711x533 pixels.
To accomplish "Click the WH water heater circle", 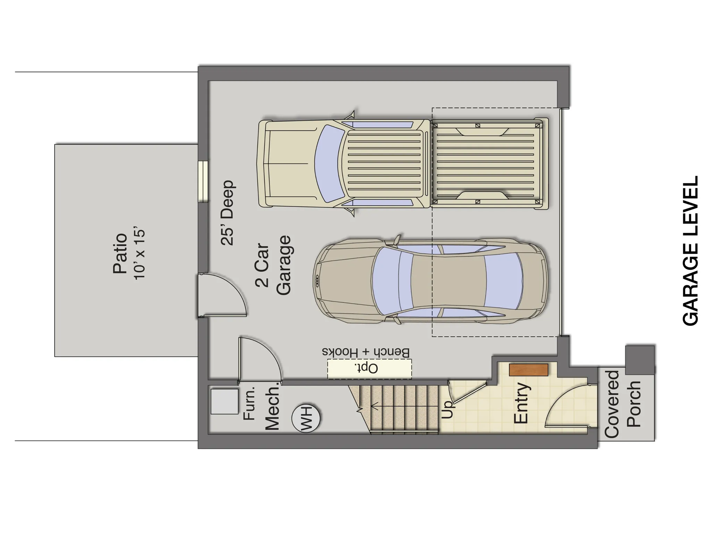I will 306,418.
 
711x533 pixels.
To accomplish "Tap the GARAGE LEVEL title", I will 690,251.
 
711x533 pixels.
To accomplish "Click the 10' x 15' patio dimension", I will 139,254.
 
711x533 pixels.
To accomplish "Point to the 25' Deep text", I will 228,213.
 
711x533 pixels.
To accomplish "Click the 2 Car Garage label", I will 273,265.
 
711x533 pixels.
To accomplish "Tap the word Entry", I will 521,403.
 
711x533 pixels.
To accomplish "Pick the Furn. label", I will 250,403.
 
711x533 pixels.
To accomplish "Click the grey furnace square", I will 225,401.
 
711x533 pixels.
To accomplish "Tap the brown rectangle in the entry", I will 528,370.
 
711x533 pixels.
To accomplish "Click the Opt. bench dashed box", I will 369,369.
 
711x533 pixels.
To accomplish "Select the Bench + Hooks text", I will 366,352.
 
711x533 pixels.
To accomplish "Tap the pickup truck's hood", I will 288,163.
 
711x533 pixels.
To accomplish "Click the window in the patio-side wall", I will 203,181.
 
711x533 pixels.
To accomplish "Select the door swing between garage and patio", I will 222,295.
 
